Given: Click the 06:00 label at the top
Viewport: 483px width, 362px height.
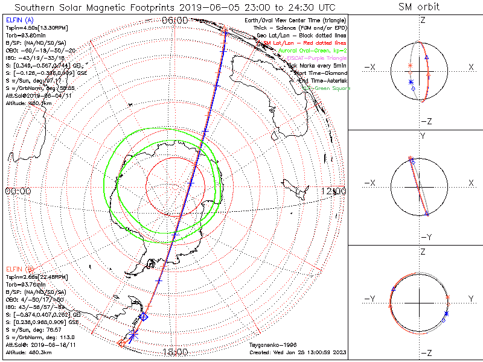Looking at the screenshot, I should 175,20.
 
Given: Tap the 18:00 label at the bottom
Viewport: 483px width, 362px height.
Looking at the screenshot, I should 175,352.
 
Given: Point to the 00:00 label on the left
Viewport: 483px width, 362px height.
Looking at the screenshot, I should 18,191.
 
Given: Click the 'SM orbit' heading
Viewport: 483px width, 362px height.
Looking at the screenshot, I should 419,7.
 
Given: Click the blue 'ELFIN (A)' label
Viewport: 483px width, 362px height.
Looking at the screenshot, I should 20,21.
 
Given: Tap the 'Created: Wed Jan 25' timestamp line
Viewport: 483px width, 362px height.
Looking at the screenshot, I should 297,352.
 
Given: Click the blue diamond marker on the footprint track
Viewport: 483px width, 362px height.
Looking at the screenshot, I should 144,316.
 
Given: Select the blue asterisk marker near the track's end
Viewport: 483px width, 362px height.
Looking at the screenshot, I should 134,333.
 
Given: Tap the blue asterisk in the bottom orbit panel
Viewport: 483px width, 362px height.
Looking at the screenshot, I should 446,313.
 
